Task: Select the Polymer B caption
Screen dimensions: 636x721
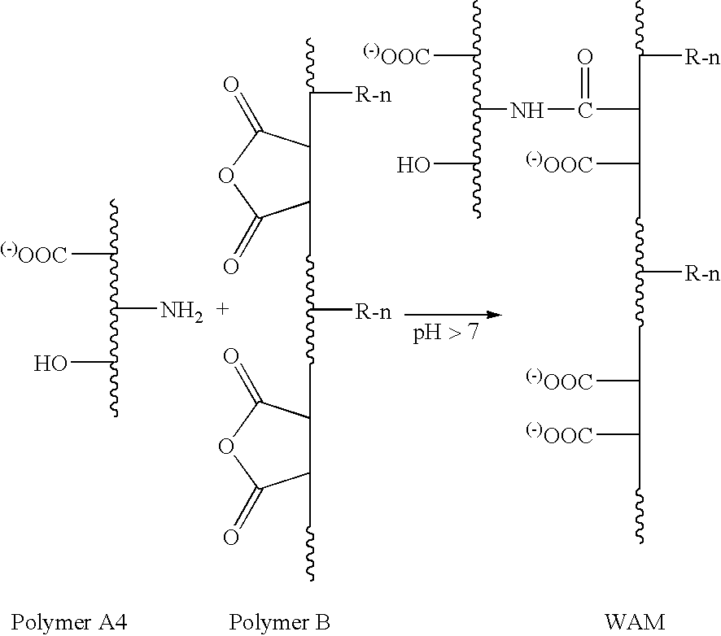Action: point(280,622)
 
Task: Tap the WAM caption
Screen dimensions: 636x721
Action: point(635,622)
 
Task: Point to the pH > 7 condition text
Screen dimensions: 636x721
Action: point(445,333)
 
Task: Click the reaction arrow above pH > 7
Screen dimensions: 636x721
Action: point(452,314)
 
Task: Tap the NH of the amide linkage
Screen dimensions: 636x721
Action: point(527,111)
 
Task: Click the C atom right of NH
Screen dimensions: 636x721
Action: point(584,111)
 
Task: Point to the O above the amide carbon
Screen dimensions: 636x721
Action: point(584,59)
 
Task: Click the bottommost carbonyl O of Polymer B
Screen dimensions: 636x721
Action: point(231,537)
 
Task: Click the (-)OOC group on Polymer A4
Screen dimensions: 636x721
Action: point(36,255)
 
